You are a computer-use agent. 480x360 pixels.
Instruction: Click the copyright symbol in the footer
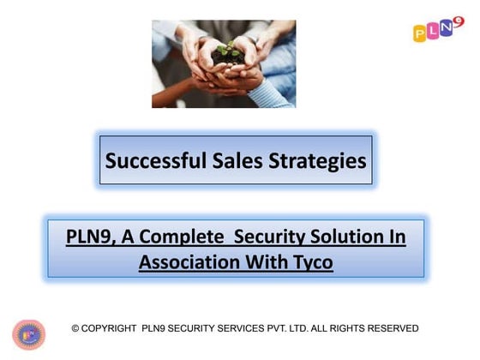(x=75, y=328)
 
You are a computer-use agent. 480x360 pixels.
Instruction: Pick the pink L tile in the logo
(x=433, y=32)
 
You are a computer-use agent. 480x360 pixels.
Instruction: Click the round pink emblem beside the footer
(x=28, y=335)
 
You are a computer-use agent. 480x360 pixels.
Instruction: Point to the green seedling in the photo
(x=225, y=51)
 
